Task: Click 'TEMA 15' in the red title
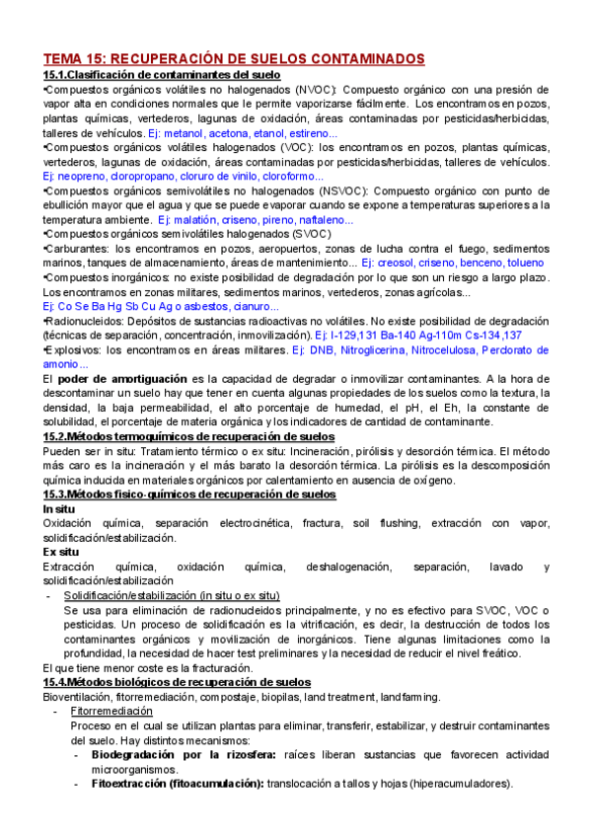80,58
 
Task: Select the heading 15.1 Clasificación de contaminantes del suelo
163,74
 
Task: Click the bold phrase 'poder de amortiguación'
119,379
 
